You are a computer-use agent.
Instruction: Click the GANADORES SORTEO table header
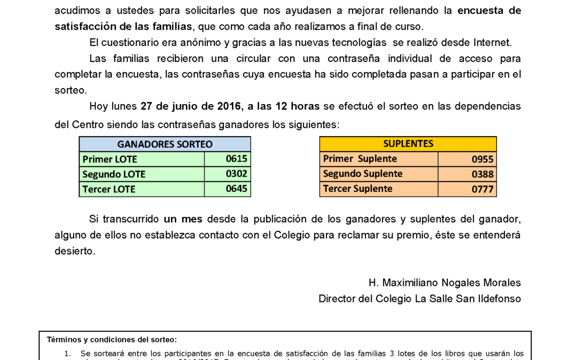(x=165, y=144)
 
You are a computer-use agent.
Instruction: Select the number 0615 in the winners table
(x=236, y=158)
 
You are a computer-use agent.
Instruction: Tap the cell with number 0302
(x=236, y=173)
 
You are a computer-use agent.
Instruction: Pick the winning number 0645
(x=236, y=189)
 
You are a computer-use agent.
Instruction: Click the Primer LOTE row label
(x=110, y=159)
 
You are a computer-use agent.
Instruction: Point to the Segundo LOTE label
(x=114, y=174)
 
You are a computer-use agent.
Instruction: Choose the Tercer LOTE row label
(x=109, y=189)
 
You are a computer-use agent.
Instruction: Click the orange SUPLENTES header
(x=408, y=143)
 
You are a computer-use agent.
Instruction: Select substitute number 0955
(x=482, y=159)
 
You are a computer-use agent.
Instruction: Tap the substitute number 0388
(x=482, y=174)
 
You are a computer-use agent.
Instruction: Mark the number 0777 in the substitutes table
(x=482, y=189)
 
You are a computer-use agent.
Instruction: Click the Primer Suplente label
(x=360, y=158)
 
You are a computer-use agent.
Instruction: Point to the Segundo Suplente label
(x=363, y=173)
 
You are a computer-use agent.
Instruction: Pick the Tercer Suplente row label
(x=358, y=188)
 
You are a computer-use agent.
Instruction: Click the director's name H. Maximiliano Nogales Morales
(x=444, y=283)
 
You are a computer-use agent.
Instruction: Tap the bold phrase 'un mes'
(x=183, y=219)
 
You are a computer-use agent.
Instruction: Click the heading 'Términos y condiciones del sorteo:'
(x=111, y=340)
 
